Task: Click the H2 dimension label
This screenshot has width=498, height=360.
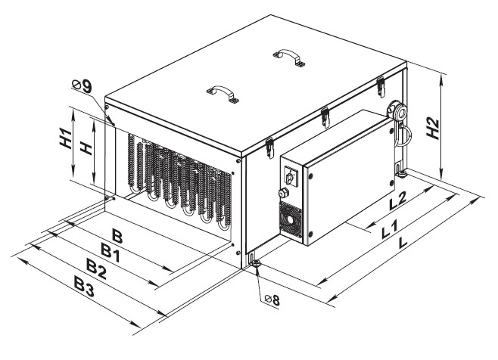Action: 433,129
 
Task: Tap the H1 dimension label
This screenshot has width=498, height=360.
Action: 66,138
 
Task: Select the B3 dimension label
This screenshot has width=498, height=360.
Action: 84,286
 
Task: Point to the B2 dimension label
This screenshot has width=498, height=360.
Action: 97,268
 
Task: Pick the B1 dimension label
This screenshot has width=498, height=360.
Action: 110,252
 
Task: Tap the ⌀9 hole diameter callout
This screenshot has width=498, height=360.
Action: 82,85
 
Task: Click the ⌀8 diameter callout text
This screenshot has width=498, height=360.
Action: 272,299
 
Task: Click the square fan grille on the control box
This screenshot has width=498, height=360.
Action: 290,219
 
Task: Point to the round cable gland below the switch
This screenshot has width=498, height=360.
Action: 282,193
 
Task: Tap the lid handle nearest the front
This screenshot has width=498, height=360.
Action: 223,95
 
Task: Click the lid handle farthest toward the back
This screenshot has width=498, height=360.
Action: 288,57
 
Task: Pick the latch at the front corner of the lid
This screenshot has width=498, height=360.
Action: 270,148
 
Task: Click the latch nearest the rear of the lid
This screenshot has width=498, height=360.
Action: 381,87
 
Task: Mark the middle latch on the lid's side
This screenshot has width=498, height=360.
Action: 325,117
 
